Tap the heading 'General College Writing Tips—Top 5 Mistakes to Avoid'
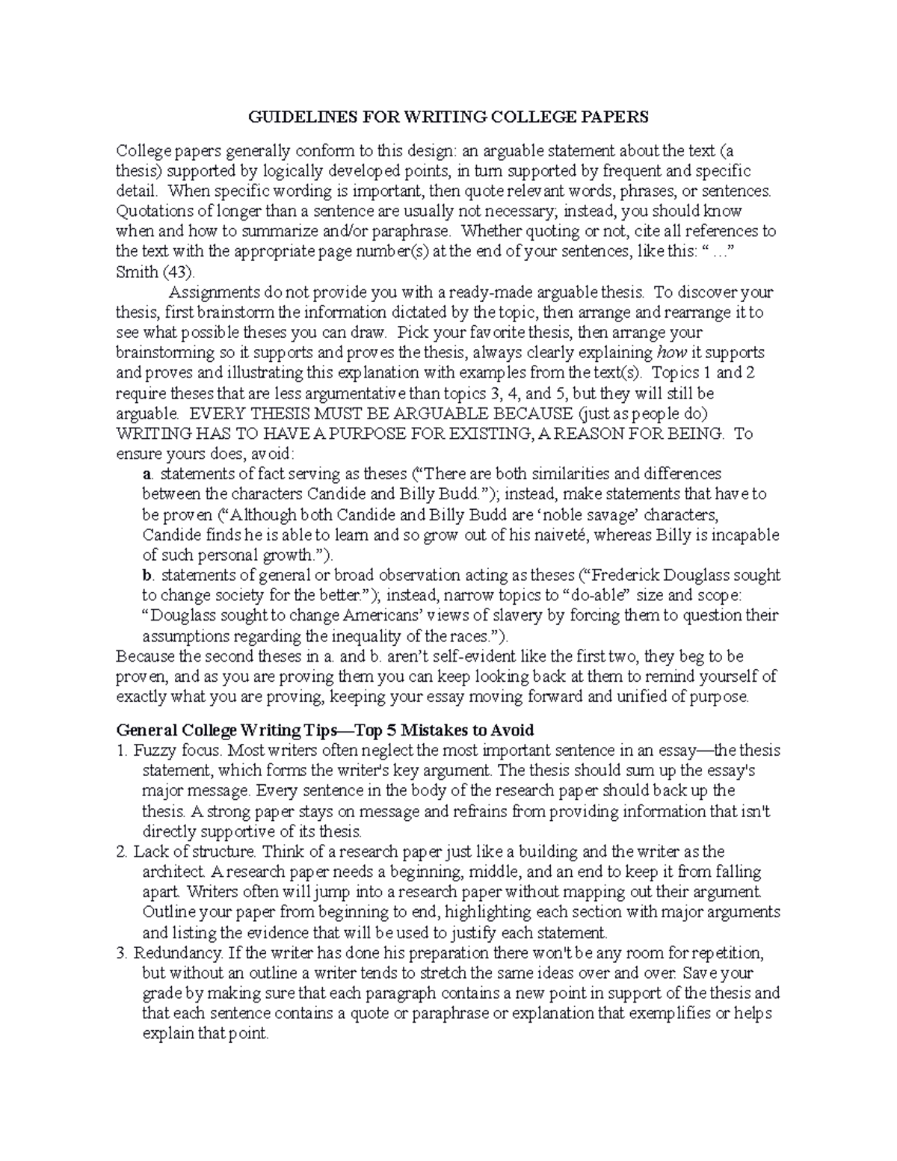[325, 730]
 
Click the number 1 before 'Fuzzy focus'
[122, 750]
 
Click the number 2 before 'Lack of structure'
[122, 851]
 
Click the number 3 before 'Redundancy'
[122, 953]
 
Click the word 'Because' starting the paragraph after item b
[143, 656]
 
